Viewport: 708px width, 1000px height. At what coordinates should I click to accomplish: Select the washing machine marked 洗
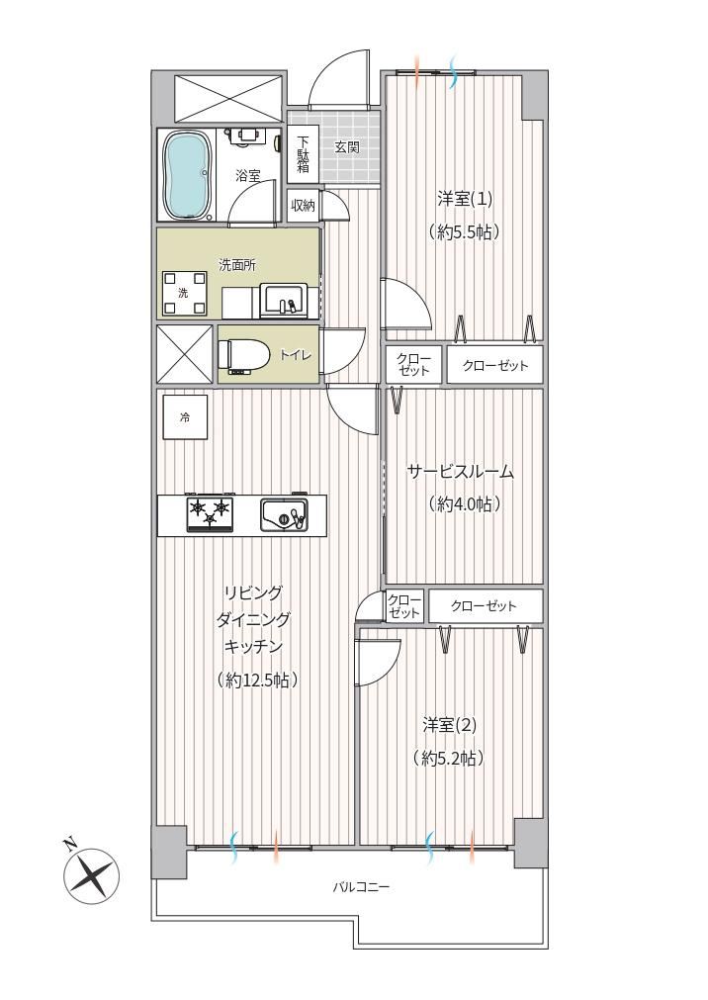[184, 294]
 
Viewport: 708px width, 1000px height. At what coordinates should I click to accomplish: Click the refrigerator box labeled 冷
[185, 417]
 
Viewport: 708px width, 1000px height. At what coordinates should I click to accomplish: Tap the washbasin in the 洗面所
[283, 301]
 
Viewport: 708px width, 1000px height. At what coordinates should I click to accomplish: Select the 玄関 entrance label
[347, 148]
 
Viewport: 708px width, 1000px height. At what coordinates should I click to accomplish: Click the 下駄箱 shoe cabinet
[304, 153]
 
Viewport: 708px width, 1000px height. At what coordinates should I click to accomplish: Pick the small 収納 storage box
[304, 206]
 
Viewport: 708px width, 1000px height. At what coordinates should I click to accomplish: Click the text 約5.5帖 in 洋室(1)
[464, 231]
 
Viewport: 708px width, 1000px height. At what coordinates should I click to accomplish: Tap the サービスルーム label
[461, 472]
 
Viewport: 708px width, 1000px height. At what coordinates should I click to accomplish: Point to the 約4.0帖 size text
[464, 504]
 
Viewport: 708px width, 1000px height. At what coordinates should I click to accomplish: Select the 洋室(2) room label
[450, 725]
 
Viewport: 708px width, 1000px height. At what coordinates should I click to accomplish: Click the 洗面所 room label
[237, 265]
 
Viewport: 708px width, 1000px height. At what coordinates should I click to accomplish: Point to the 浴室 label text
[247, 176]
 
